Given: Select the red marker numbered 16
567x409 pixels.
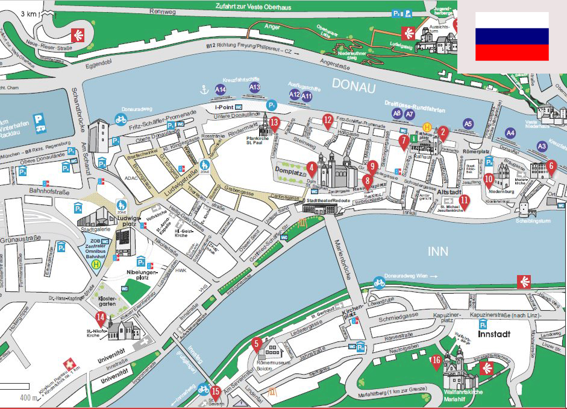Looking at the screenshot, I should point(437,362).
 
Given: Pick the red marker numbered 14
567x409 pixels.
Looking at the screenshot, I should point(101,319).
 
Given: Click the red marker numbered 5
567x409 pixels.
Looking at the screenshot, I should point(256,346).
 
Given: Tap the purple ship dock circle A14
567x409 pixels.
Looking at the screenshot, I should point(221,90).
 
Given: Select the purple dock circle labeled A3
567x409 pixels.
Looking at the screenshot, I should point(542,145).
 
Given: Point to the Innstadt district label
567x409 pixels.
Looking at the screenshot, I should point(495,333).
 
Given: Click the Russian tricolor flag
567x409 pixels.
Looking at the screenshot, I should point(512,36).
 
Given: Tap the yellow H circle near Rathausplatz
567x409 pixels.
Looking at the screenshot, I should point(427,127).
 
